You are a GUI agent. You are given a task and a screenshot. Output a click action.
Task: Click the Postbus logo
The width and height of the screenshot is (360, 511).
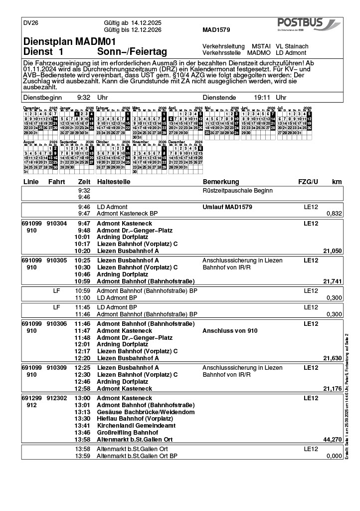[308, 24]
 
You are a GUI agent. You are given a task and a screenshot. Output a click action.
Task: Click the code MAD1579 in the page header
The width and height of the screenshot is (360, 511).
[216, 30]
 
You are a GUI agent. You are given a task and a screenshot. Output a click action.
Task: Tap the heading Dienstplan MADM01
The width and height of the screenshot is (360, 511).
[69, 42]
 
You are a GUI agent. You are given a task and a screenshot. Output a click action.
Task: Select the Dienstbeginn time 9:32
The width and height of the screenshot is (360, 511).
[84, 98]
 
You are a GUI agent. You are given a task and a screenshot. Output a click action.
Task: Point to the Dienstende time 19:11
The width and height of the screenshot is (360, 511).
[262, 98]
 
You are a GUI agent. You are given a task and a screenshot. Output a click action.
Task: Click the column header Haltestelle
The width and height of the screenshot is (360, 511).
[113, 182]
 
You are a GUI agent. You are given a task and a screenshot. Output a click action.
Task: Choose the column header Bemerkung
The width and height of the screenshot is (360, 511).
[221, 182]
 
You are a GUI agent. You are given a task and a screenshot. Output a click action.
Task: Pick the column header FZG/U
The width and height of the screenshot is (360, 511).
[308, 182]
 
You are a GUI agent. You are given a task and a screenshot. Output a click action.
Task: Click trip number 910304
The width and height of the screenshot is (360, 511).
[56, 224]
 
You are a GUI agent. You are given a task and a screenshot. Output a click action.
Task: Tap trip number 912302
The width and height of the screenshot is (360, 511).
[56, 398]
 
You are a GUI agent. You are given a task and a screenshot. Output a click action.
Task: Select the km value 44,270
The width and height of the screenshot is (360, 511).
[333, 440]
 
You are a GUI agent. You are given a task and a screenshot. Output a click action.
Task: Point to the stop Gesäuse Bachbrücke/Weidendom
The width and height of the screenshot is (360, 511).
[146, 412]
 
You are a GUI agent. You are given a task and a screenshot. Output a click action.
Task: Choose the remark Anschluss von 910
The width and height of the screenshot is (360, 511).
[230, 331]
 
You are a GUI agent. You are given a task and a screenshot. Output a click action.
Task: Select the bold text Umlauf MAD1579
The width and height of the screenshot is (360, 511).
[227, 207]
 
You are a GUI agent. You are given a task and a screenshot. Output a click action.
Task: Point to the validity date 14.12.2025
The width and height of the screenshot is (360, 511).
[146, 23]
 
